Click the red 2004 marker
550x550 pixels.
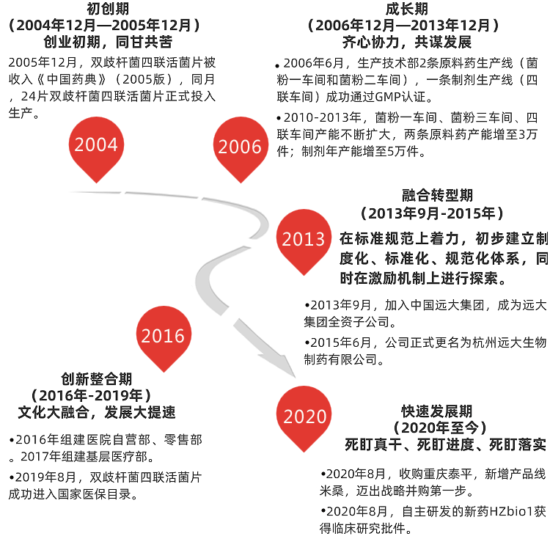point(96,145)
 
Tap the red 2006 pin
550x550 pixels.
point(240,147)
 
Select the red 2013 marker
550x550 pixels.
point(303,239)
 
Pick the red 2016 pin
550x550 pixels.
point(163,336)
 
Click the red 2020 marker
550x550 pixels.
point(304,417)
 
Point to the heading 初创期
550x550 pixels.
point(103,9)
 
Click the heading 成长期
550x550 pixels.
point(406,9)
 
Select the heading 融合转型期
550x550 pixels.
point(438,196)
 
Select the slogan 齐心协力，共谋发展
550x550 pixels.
point(406,41)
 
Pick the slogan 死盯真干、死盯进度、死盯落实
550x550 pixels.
point(446,444)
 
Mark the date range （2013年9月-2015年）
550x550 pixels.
point(433,213)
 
